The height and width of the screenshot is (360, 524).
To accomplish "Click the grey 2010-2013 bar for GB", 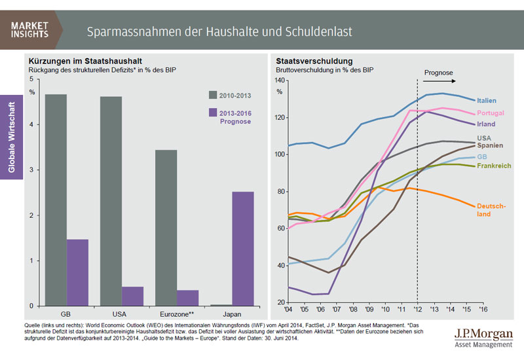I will click(x=56, y=200).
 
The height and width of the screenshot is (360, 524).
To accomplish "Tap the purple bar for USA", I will click(x=132, y=296).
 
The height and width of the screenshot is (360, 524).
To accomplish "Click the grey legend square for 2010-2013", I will click(x=213, y=96).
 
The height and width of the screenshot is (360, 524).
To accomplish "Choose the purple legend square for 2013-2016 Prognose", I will click(x=213, y=113).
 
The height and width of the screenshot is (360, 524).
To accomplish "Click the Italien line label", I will click(x=487, y=101).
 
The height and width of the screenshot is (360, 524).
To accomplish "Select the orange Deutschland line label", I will click(x=491, y=209).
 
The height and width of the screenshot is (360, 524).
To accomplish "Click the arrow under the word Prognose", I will click(x=439, y=82).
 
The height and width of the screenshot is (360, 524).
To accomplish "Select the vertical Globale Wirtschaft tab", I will click(x=12, y=137).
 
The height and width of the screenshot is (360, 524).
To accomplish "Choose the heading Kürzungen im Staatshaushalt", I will click(x=81, y=60).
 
